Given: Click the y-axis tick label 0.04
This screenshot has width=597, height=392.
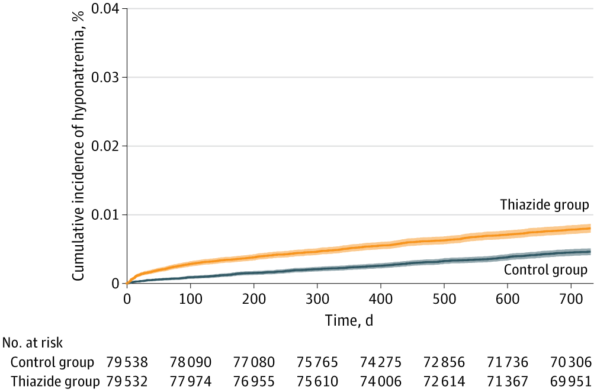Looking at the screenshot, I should pos(105,9).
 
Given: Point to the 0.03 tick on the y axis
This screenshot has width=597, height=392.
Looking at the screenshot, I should pos(105,78).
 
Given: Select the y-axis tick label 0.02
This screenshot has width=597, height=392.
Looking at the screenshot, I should pos(105,146).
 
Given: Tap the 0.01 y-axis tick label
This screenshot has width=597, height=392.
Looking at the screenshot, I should pos(105,214).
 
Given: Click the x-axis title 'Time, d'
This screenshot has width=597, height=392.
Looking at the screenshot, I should pos(349,321).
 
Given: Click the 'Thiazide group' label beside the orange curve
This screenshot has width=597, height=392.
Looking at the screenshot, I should pos(544,205).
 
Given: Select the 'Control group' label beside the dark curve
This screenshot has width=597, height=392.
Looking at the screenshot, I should pos(545,270).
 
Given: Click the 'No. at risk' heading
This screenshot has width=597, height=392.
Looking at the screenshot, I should pos(33,342).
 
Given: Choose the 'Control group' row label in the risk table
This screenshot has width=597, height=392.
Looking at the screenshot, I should pos(52,362).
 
